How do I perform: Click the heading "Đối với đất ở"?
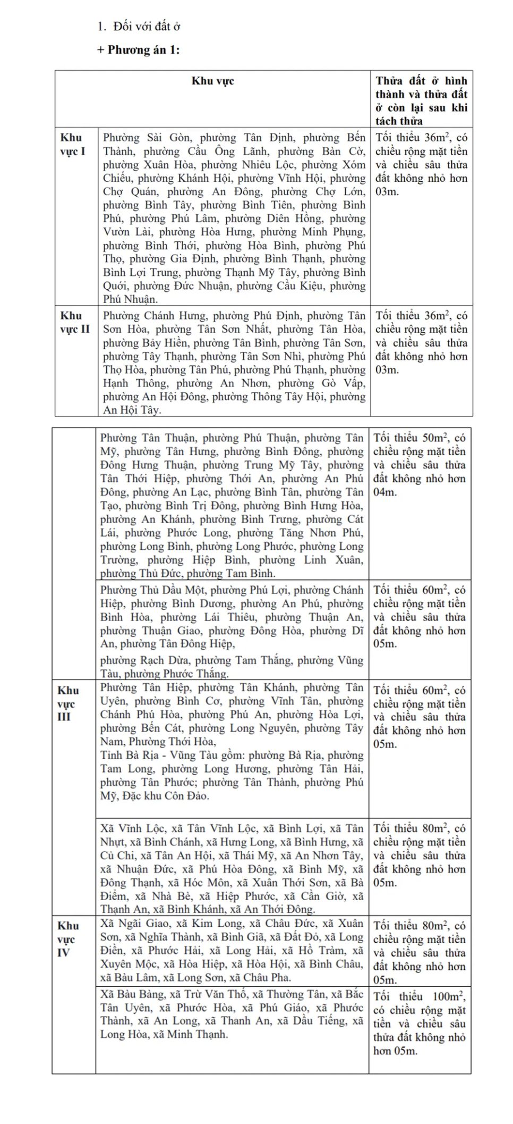pos(147,26)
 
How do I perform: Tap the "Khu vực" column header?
pos(212,81)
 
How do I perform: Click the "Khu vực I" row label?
pos(72,144)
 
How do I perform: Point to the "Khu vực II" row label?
pos(74,322)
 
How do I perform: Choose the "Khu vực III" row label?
pos(67,703)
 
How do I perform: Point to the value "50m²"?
pos(434,438)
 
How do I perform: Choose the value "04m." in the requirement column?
pos(384,492)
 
